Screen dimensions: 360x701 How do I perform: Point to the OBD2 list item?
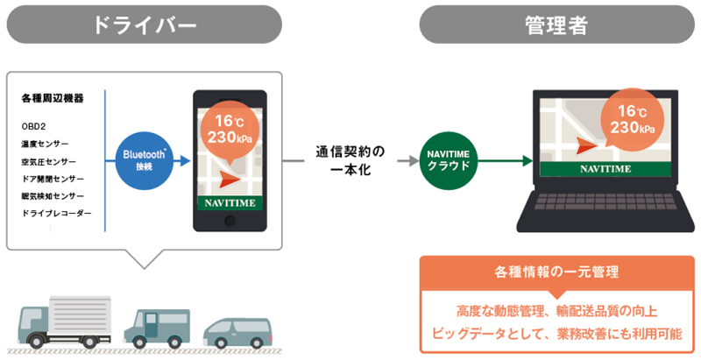coord(32,125)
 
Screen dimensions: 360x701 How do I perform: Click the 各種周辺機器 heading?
coord(53,98)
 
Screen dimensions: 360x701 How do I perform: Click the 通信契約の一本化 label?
coord(350,159)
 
